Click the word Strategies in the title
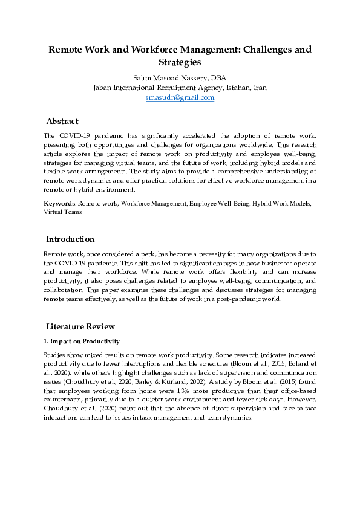click(180, 62)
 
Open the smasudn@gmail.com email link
click(180, 97)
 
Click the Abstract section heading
click(62, 122)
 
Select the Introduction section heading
click(70, 239)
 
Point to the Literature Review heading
click(80, 327)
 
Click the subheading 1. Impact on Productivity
click(82, 342)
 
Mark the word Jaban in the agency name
click(104, 88)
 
